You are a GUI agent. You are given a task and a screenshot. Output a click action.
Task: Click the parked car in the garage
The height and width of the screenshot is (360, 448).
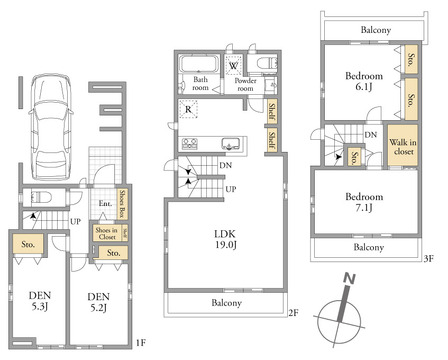(51, 128)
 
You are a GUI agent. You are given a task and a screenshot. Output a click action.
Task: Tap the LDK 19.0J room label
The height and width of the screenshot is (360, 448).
(226, 239)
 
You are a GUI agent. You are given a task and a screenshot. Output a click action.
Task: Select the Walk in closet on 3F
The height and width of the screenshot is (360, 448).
(403, 146)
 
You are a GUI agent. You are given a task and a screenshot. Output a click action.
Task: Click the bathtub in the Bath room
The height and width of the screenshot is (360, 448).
(199, 64)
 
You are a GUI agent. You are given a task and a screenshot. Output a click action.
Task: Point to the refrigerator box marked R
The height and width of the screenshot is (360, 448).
(188, 109)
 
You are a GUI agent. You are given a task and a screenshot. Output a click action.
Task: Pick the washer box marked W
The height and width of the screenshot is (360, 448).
(233, 65)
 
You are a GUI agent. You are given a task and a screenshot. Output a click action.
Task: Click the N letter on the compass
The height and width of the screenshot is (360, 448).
(349, 279)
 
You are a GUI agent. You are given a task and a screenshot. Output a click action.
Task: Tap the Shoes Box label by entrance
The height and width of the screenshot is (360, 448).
(122, 204)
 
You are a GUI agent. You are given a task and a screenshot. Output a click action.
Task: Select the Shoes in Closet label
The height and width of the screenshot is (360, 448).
(107, 233)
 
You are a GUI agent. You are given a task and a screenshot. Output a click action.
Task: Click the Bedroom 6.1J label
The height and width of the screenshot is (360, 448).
(364, 81)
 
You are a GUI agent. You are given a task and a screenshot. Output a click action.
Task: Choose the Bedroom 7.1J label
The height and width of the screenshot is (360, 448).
(364, 202)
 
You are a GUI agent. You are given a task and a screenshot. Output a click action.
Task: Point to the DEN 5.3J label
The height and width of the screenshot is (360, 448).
(40, 301)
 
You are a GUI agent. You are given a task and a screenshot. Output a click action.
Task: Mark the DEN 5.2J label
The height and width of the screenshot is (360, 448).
(99, 302)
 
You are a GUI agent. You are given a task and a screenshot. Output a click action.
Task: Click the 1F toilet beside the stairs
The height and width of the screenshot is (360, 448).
(41, 197)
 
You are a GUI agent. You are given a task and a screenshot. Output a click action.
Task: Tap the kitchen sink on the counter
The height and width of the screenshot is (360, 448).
(231, 143)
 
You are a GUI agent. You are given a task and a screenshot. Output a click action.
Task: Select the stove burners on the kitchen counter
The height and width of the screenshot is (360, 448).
(190, 144)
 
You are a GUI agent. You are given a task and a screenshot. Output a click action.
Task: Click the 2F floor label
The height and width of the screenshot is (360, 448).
(293, 313)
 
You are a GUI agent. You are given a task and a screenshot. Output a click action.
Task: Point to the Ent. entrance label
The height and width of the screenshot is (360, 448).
(105, 203)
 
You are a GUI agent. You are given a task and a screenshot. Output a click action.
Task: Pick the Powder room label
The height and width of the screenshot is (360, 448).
(245, 85)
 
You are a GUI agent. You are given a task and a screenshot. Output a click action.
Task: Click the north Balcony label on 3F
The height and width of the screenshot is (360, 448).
(376, 30)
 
